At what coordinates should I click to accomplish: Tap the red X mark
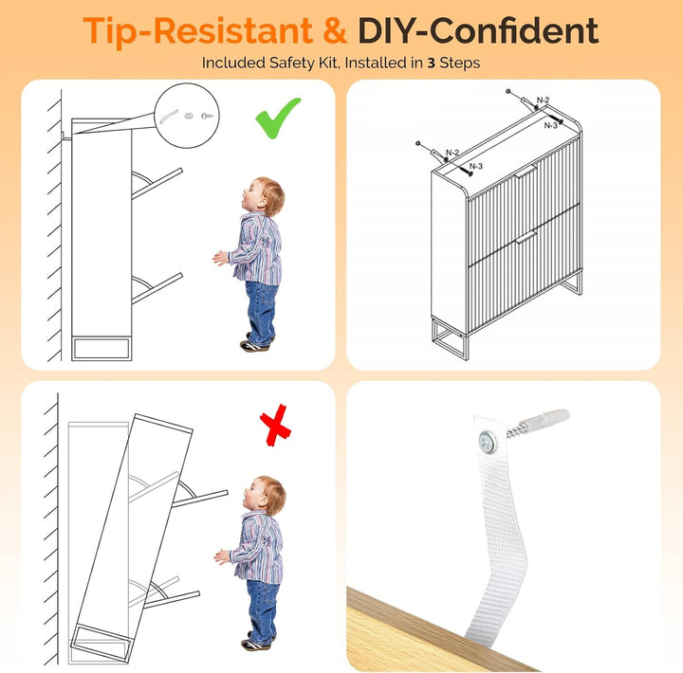pos(275,426)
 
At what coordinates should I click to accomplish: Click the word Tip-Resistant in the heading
pos(197,30)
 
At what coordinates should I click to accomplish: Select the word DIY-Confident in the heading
pos(478,30)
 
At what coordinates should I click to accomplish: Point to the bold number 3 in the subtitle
pos(432,64)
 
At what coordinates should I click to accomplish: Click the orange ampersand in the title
pos(335,31)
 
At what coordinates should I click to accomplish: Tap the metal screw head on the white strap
pos(488,443)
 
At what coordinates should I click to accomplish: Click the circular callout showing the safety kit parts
pos(187,116)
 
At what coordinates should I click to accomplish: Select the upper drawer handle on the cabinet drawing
pos(526,171)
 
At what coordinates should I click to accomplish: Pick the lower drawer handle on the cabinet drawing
pos(526,237)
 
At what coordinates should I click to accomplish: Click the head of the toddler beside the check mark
pos(264,196)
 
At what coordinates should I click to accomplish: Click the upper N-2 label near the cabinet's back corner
pos(544,100)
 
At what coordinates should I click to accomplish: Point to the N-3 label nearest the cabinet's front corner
pos(476,166)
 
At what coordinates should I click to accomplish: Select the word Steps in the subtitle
pos(459,64)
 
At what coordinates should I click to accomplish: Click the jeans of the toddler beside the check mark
pos(261,313)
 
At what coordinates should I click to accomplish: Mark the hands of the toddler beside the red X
pos(221,556)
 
